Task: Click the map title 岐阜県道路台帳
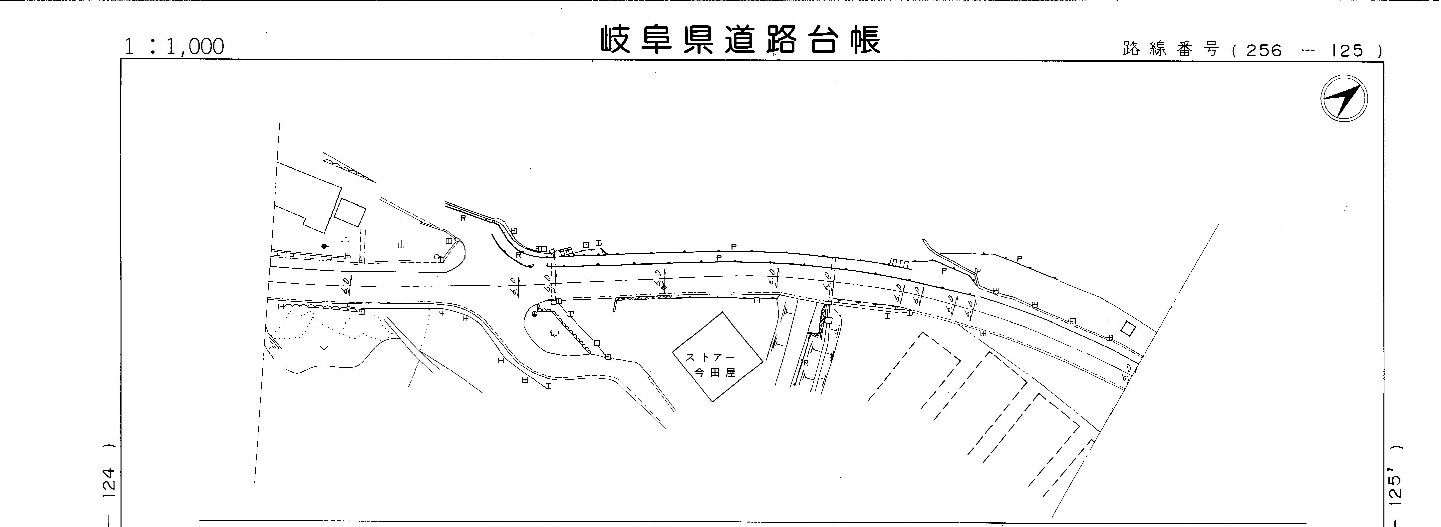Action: click(x=741, y=40)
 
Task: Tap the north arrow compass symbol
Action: click(x=1344, y=99)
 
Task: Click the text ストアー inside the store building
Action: click(x=710, y=357)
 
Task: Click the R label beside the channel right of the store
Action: click(x=806, y=362)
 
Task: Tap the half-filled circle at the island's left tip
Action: click(x=535, y=314)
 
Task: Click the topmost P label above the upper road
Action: click(x=733, y=246)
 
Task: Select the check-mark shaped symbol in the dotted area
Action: click(x=323, y=347)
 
